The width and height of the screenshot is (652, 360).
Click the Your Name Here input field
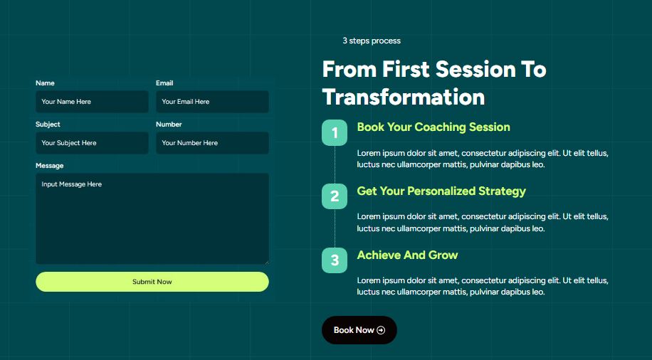point(92,102)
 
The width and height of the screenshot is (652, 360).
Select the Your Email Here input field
point(212,102)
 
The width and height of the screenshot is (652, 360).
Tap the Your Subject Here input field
point(92,143)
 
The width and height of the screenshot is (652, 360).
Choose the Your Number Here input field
point(212,143)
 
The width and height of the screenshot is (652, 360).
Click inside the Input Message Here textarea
point(152,218)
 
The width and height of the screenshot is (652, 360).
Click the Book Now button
point(359,330)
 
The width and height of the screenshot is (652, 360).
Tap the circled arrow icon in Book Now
point(381,330)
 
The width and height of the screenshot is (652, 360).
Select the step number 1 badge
point(335,132)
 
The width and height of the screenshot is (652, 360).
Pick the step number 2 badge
point(335,196)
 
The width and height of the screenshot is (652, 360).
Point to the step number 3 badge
point(335,260)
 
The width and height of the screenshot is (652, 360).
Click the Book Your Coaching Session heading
point(433,127)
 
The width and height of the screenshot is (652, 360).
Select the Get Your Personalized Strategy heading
point(441,191)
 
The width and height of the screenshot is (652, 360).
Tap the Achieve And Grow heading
point(407,255)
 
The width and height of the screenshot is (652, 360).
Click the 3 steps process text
point(372,41)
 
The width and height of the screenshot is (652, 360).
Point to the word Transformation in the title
point(404,97)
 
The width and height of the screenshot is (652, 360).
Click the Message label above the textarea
point(50,166)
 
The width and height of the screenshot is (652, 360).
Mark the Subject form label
point(48,125)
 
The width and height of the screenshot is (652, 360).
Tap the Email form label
point(164,83)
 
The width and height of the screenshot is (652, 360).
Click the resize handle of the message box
point(266,262)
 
